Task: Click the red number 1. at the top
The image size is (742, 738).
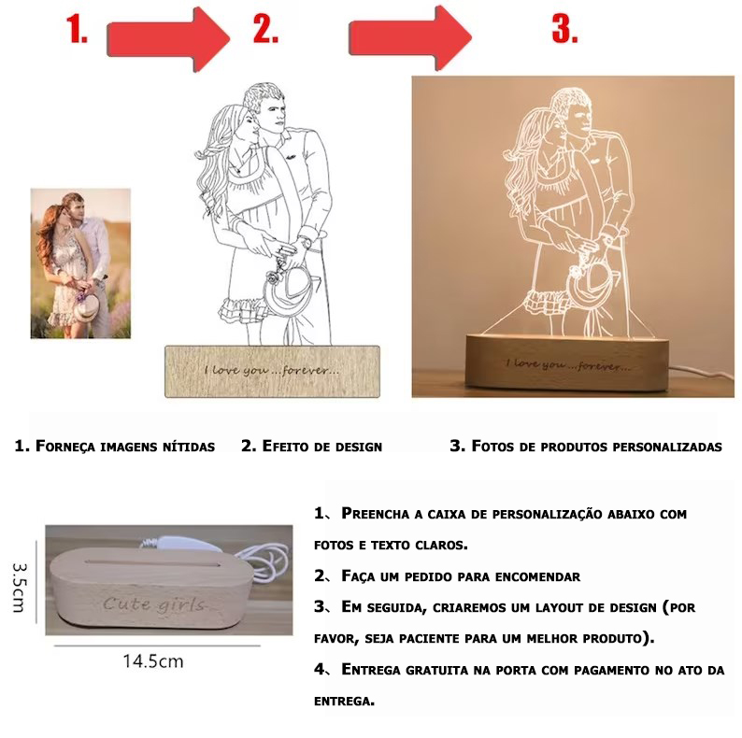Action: [x=77, y=30]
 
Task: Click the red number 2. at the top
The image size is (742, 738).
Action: [x=265, y=30]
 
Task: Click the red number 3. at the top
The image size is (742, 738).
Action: [x=564, y=30]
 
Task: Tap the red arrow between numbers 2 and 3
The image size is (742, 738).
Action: [x=411, y=37]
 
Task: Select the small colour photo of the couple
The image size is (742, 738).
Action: [x=80, y=263]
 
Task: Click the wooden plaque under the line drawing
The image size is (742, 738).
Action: [x=272, y=371]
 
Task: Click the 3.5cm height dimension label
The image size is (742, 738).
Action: [x=18, y=588]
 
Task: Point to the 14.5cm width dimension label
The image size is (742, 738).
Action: [x=153, y=661]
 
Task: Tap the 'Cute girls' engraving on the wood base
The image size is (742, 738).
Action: [x=153, y=604]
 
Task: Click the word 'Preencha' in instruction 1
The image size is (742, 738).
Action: [x=378, y=514]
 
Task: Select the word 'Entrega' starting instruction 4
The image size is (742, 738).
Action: [x=379, y=669]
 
